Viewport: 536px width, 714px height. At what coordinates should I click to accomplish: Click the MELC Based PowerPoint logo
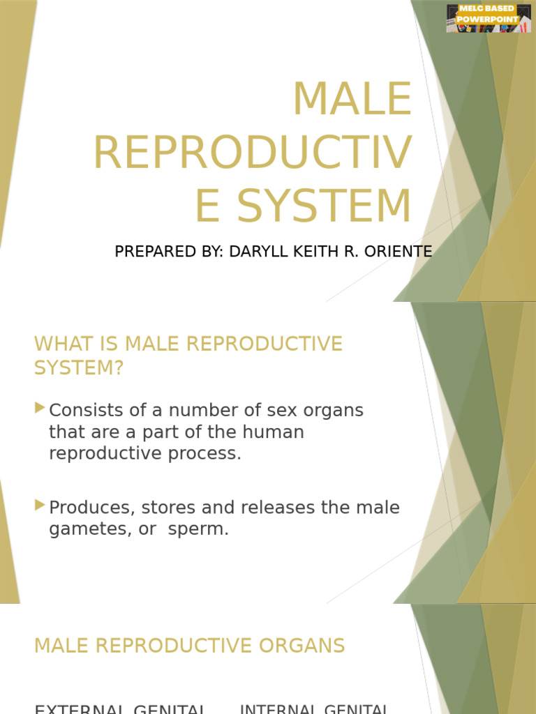[x=489, y=17]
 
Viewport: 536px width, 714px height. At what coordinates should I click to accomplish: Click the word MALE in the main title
[x=352, y=99]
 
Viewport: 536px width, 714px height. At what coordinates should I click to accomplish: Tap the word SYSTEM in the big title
[x=324, y=207]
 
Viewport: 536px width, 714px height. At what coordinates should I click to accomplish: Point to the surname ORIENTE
[x=397, y=252]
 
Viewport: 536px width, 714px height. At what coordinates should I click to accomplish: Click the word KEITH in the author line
[x=305, y=252]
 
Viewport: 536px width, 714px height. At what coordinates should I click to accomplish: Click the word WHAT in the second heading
[x=61, y=344]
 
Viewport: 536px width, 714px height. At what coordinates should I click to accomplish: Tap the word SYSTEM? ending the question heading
[x=78, y=367]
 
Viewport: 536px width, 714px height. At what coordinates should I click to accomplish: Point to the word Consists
[x=84, y=410]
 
